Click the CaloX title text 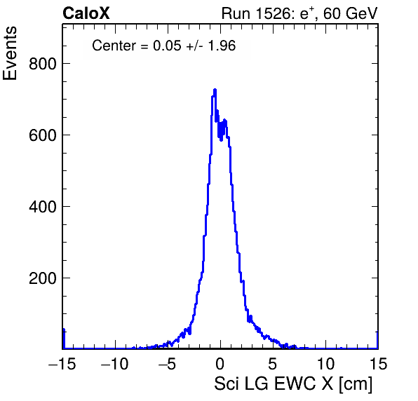pos(86,13)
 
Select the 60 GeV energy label pos(351,13)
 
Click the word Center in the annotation pos(114,46)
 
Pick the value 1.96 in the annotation pos(222,46)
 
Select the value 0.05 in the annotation pos(167,46)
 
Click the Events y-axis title pos(10,53)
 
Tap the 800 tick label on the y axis pos(43,64)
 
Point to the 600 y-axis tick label pos(43,135)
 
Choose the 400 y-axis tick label pos(43,207)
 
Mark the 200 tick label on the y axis pos(43,278)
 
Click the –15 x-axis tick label pos(62,363)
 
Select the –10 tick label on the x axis pos(114,363)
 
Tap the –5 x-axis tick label pos(167,363)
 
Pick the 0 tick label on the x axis pos(220,363)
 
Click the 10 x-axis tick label pos(325,363)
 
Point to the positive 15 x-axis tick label pos(378,363)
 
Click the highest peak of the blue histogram pos(215,90)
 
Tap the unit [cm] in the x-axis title pos(356,384)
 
